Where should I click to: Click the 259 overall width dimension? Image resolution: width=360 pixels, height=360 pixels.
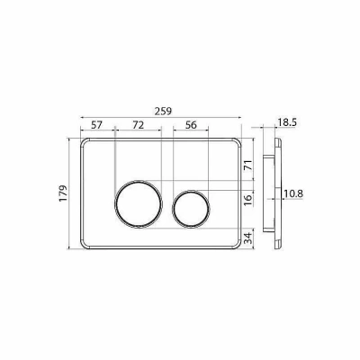[163, 112]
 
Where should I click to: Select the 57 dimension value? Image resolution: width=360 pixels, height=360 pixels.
[96, 125]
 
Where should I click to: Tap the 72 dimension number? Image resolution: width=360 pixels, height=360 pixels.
[139, 125]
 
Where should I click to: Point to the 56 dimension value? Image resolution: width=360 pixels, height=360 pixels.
[191, 125]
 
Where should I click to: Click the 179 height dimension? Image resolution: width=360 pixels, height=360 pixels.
[63, 193]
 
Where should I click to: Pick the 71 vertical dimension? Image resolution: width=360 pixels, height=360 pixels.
[248, 166]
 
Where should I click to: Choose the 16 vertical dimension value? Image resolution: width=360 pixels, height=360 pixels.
[248, 200]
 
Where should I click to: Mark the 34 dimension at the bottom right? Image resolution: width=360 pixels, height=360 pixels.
[248, 238]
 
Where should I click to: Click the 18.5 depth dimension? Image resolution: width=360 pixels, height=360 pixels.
[287, 122]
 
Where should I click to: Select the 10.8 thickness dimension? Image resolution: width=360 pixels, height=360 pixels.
[293, 193]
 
